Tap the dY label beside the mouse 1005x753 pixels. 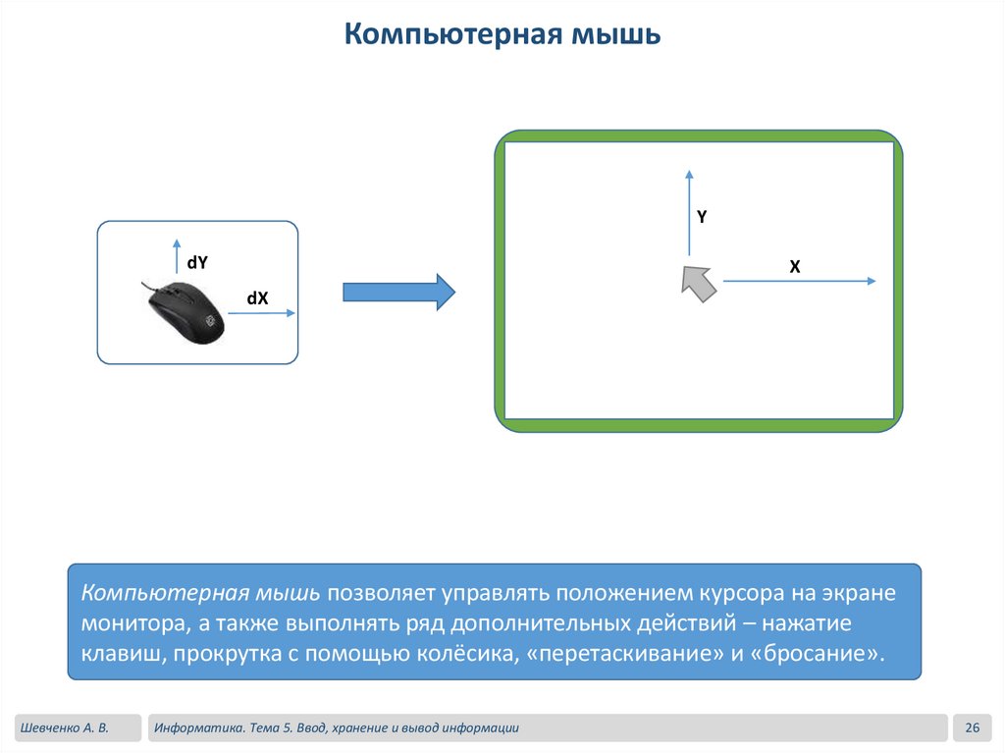197,262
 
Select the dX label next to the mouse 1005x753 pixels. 257,298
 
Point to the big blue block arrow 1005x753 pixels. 398,292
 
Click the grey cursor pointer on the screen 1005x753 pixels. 697,281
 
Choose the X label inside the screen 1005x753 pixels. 795,266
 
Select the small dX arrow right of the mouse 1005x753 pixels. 261,314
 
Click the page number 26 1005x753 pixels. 973,727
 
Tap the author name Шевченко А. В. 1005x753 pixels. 62,727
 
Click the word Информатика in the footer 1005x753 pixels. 197,727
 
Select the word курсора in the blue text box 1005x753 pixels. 745,594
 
